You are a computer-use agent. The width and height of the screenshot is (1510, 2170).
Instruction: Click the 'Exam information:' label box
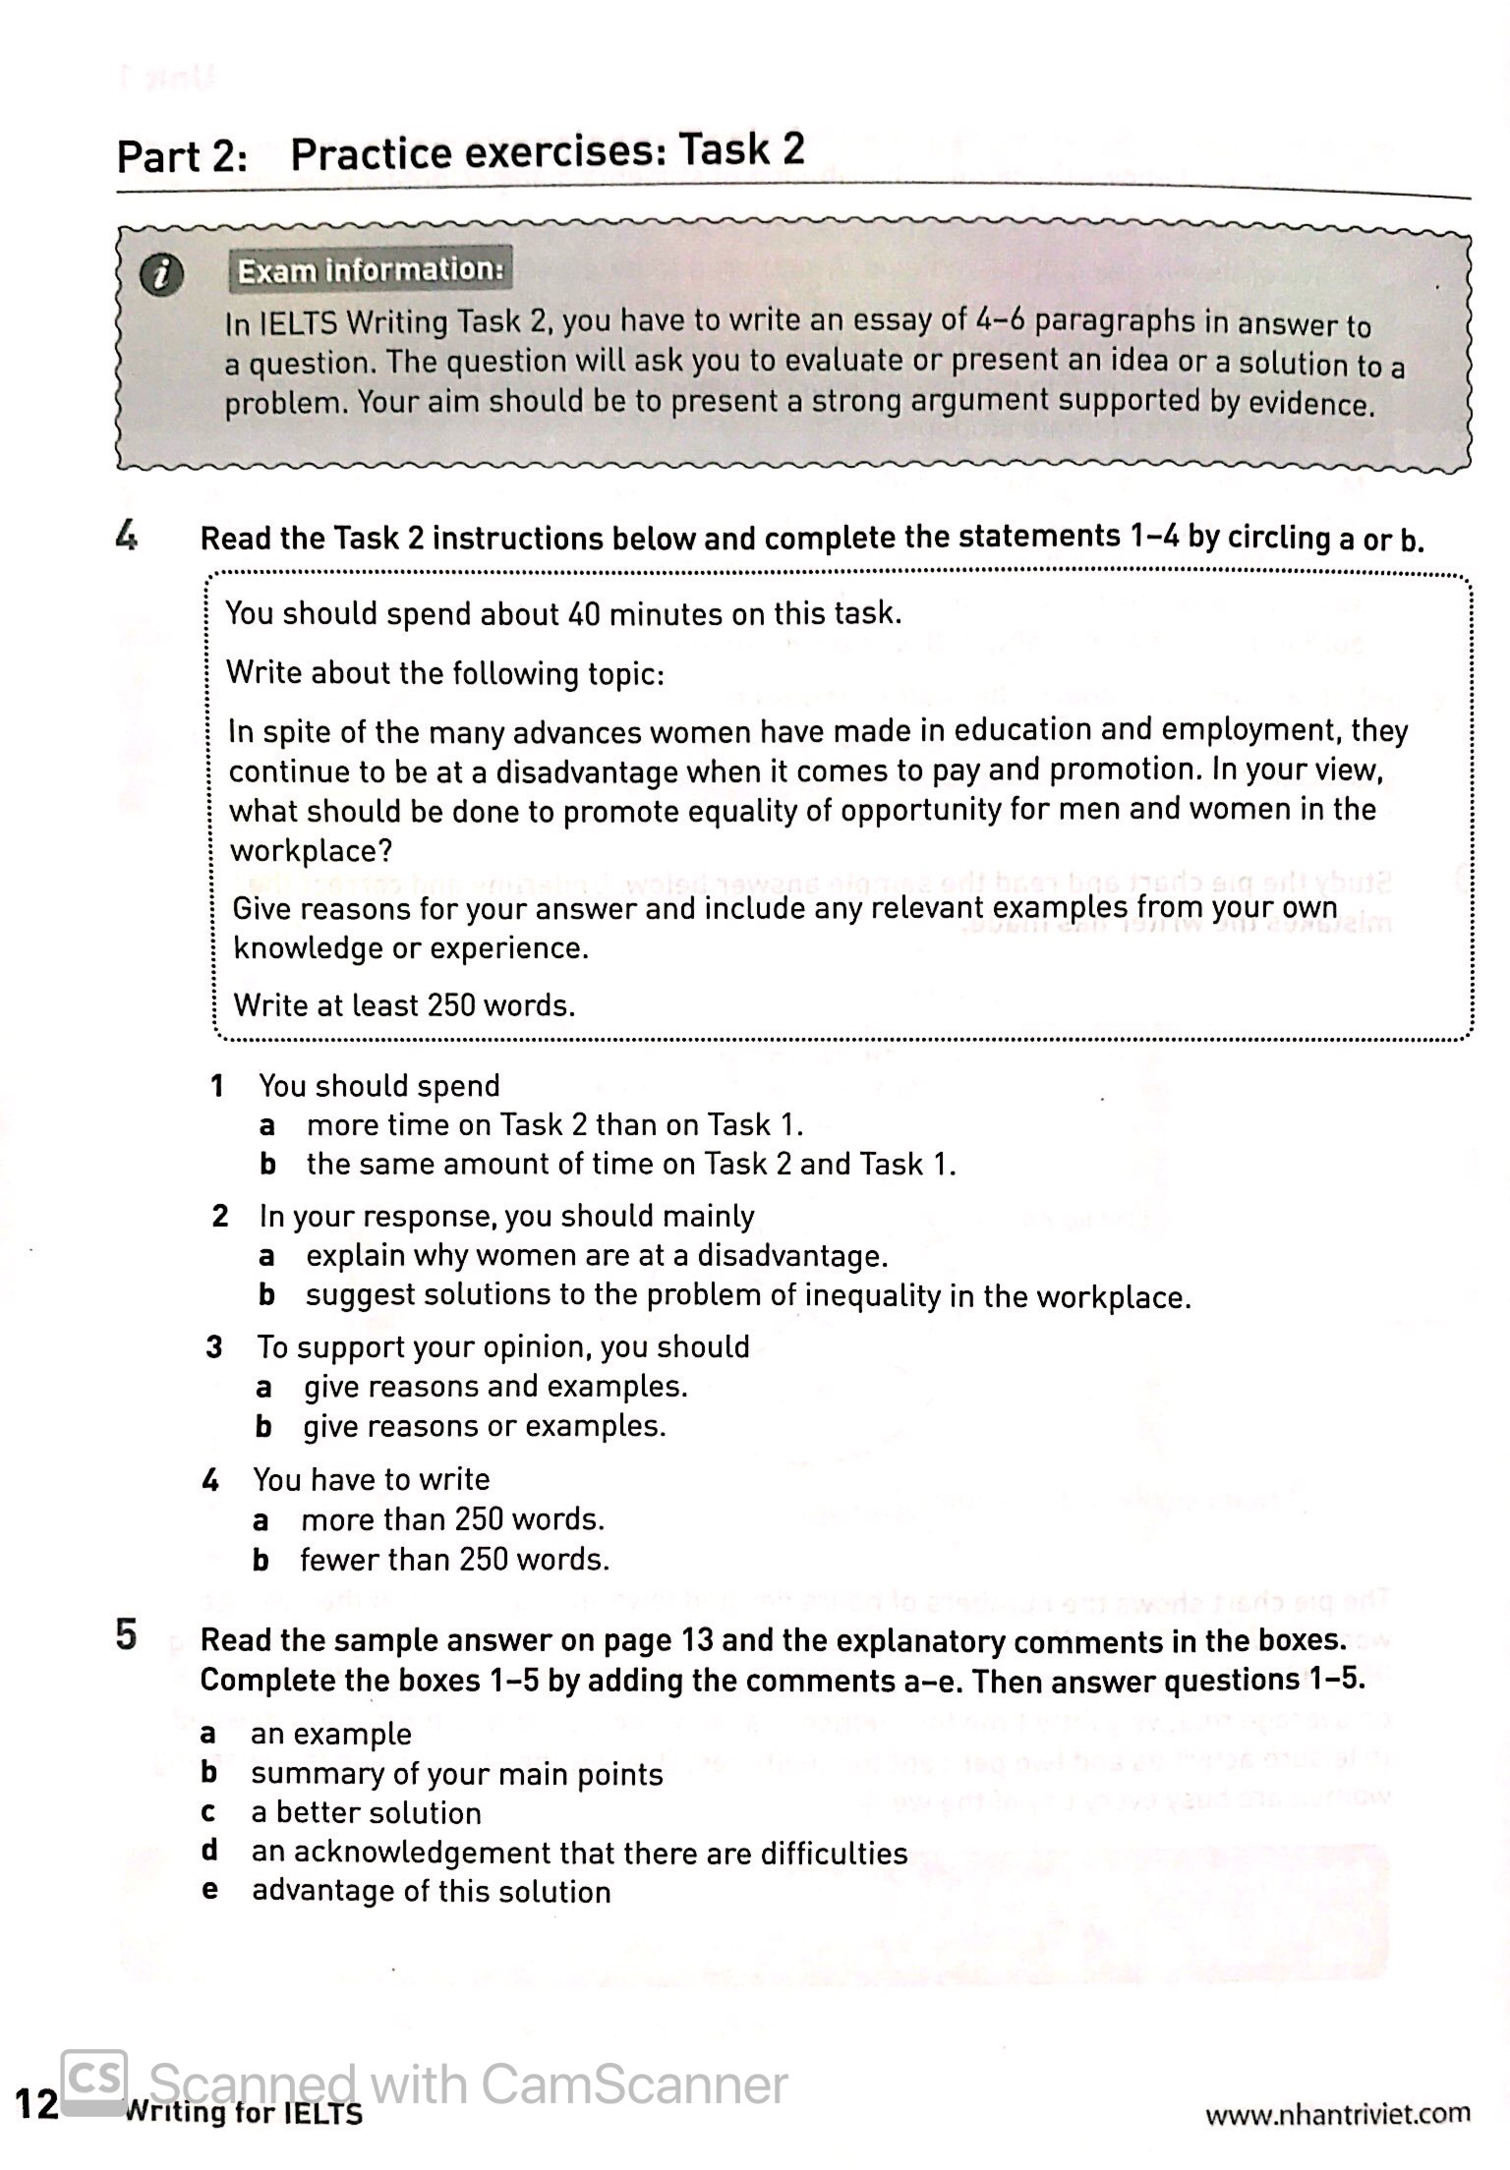coord(371,269)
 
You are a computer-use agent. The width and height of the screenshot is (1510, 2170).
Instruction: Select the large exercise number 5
coord(127,1636)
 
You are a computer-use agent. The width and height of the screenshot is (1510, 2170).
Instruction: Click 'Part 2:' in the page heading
coord(183,156)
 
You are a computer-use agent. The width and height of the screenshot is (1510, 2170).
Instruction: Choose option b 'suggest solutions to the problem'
coord(747,1296)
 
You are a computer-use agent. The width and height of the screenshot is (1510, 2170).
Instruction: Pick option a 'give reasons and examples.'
coord(494,1387)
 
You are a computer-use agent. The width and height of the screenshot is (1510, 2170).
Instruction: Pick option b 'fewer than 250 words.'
coord(454,1560)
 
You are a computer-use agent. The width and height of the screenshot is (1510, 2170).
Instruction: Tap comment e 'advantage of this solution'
coord(431,1891)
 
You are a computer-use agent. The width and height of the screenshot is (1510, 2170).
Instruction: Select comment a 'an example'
coord(330,1734)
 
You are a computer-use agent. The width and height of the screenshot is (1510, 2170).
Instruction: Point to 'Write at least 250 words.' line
coord(404,1005)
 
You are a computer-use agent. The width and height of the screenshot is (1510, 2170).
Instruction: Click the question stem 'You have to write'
coord(371,1479)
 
